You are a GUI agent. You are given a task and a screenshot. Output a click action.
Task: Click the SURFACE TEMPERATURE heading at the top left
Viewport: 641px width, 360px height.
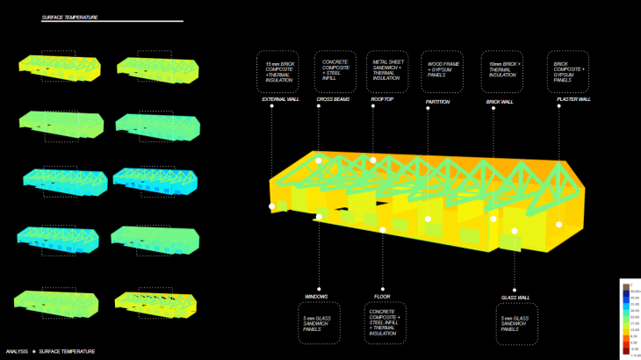(x=70, y=17)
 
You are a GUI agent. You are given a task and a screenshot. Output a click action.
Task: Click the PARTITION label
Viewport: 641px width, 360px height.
(x=438, y=102)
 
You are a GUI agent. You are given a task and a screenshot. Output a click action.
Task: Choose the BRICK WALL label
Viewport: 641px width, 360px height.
(x=500, y=102)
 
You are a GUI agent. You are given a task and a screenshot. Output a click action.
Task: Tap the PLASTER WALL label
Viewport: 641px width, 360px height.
(x=573, y=99)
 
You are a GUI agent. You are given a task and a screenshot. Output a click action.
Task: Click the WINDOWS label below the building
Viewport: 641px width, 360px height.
(x=316, y=296)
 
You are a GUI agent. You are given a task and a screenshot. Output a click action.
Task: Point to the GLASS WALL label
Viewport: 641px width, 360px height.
(x=515, y=298)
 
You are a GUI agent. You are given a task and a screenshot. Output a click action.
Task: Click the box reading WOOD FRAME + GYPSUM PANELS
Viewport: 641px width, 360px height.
(x=443, y=69)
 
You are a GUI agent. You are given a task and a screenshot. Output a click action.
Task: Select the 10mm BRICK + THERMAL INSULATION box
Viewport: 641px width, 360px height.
(x=503, y=69)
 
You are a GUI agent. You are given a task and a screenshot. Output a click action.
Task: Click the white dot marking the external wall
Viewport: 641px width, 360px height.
(x=272, y=205)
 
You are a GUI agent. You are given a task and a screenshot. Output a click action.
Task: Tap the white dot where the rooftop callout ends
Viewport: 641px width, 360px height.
(x=373, y=161)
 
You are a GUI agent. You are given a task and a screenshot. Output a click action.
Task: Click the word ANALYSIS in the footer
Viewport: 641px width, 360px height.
(x=18, y=351)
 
